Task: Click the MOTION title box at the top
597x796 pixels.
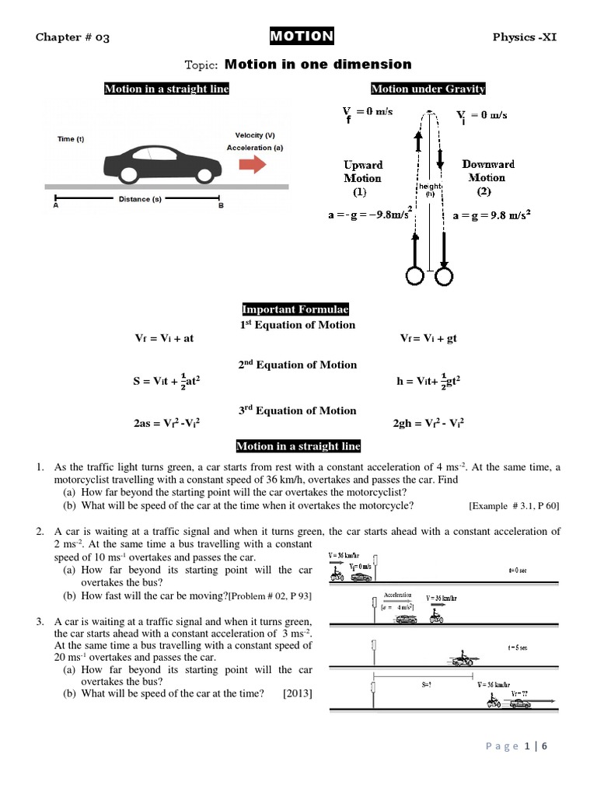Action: click(302, 36)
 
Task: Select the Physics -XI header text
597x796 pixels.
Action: click(526, 37)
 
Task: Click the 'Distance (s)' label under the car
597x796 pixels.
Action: click(140, 199)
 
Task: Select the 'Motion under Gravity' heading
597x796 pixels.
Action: click(428, 89)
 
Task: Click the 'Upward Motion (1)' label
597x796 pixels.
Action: click(363, 177)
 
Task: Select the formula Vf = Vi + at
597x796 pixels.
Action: click(166, 340)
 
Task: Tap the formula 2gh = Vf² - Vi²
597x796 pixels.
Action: click(429, 424)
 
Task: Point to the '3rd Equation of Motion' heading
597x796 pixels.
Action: click(298, 410)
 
